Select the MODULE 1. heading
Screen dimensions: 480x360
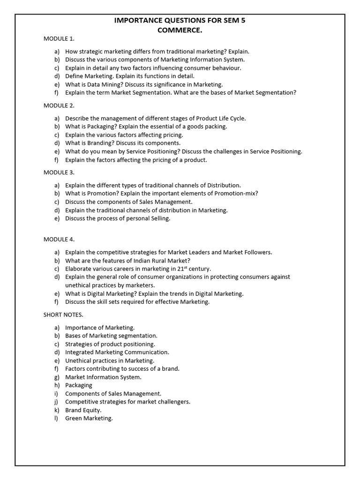click(x=59, y=38)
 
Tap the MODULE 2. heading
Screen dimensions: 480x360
click(x=59, y=105)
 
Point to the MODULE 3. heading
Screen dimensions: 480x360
click(x=59, y=172)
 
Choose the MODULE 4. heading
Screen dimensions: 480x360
click(x=59, y=240)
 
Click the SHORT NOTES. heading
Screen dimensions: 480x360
click(x=63, y=315)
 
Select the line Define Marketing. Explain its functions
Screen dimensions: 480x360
click(x=129, y=76)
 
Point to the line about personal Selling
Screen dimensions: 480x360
click(x=118, y=218)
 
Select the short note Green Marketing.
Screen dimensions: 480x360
click(x=89, y=418)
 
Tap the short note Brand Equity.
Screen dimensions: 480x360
click(x=83, y=410)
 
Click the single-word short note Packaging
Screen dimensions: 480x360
click(x=79, y=385)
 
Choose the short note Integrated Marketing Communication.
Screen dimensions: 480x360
click(x=117, y=352)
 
